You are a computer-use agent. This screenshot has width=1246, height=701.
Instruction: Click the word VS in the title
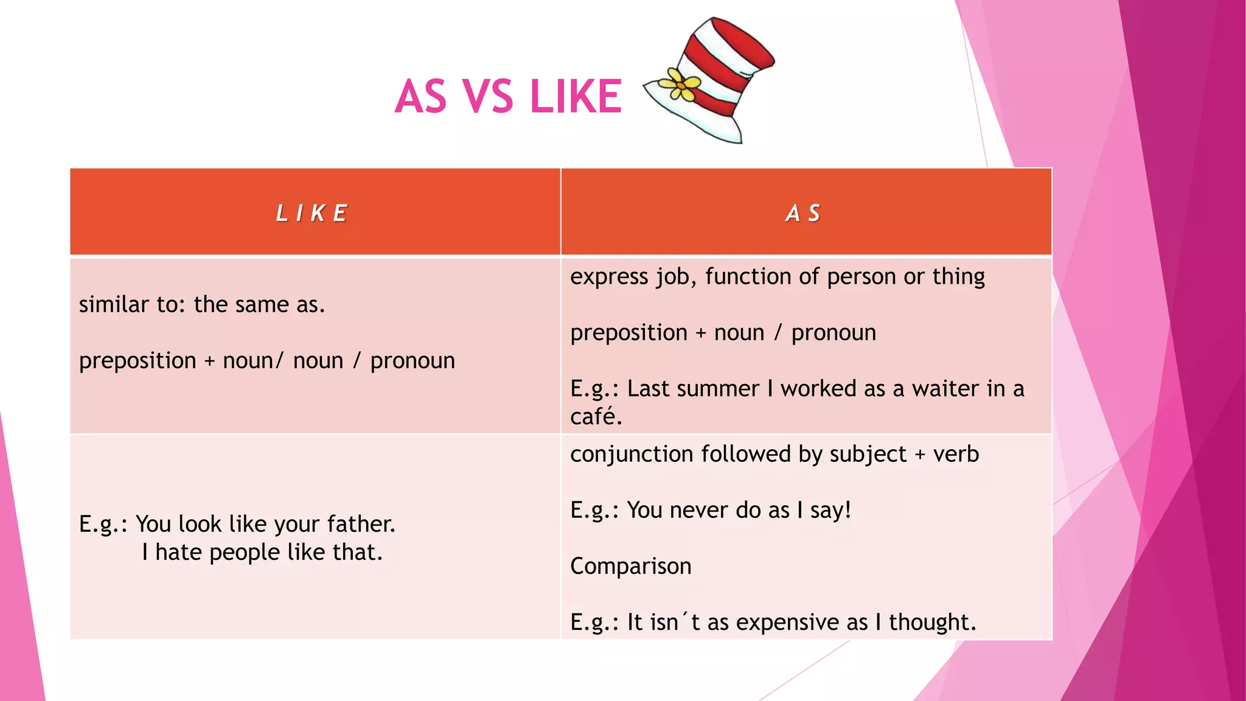pos(487,97)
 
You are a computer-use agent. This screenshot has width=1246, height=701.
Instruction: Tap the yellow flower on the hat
pos(681,85)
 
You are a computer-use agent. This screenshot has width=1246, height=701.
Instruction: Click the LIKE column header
pos(311,213)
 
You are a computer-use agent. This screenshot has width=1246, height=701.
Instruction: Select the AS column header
pos(803,213)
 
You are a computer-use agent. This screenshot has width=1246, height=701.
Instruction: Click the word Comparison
pos(630,566)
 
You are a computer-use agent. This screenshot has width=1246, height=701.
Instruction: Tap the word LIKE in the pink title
pos(576,97)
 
